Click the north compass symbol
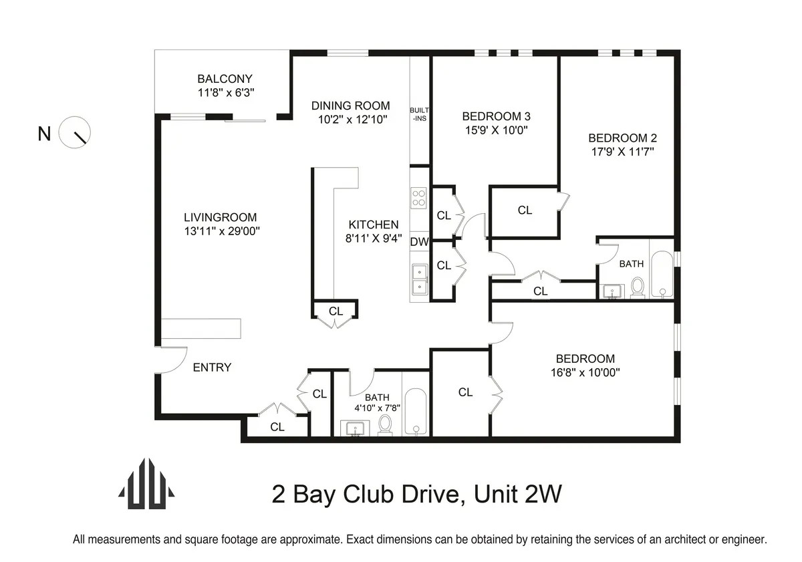(75, 132)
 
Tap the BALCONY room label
(225, 79)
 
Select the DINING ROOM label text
(350, 106)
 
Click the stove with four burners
(419, 198)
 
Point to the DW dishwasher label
(419, 242)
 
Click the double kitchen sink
(419, 279)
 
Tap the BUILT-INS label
(419, 114)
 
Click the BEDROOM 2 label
(622, 138)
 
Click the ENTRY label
(212, 367)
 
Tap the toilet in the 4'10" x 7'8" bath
(385, 424)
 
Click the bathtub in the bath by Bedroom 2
(662, 274)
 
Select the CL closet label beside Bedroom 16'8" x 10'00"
(465, 392)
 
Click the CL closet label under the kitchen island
(336, 311)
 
